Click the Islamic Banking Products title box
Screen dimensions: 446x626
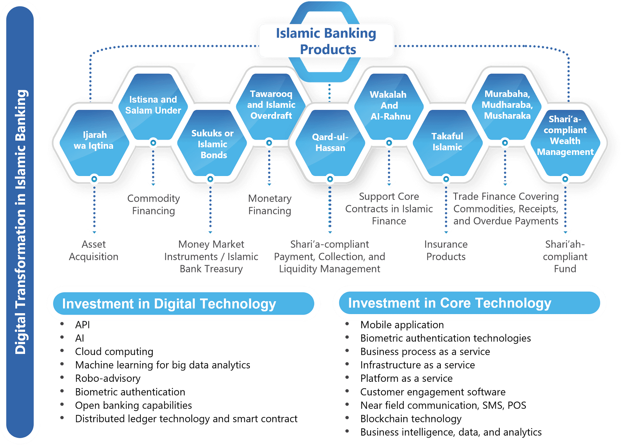point(326,41)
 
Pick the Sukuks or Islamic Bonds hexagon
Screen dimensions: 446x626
point(212,144)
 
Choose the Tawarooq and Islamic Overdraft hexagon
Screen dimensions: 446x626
point(271,105)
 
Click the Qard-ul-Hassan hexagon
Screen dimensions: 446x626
point(330,143)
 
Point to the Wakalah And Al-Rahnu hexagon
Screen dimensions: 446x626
point(389,106)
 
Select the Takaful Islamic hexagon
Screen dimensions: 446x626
point(447,142)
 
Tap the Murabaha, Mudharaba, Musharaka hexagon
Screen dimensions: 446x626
point(507,105)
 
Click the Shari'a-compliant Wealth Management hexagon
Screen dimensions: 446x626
point(565,136)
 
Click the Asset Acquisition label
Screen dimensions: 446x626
point(94,251)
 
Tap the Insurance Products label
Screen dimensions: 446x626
point(446,251)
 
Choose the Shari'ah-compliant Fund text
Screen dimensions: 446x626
point(565,256)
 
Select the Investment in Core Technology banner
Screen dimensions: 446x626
point(469,303)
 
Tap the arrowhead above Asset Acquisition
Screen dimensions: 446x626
point(94,232)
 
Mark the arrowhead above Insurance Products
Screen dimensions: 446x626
point(446,232)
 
